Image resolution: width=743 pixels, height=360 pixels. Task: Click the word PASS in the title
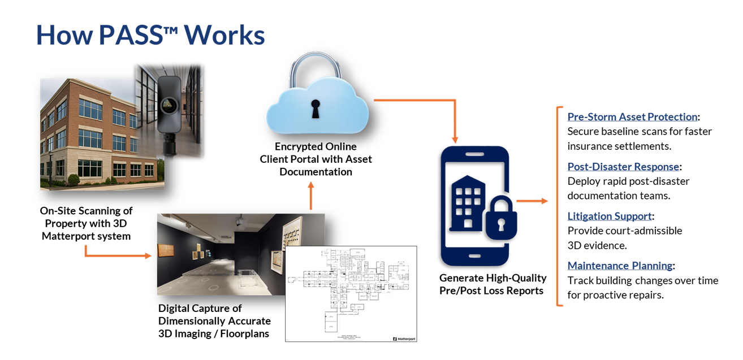[x=129, y=35]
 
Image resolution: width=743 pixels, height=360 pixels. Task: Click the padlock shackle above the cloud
[x=315, y=68]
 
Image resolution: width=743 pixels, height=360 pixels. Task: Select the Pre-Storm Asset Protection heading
[x=632, y=117]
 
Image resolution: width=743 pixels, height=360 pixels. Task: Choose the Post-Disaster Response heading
[x=623, y=167]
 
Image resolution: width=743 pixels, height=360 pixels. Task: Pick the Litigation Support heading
[x=610, y=216]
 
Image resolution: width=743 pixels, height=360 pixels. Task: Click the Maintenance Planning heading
[x=620, y=266]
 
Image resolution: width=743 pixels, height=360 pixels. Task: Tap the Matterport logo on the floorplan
[x=404, y=339]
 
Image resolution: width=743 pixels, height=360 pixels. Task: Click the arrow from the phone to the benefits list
[x=532, y=201]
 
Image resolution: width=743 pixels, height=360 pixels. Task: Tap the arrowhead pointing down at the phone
[x=455, y=138]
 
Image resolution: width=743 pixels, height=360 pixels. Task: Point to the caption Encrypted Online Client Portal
[x=316, y=159]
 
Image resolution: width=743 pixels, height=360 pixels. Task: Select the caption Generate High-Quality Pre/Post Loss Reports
[x=493, y=284]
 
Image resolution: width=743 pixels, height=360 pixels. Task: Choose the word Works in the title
[x=224, y=35]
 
